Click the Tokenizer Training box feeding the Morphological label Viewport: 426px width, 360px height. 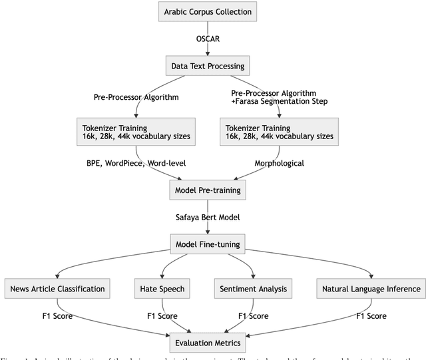tap(278, 132)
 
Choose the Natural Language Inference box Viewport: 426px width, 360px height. tap(371, 289)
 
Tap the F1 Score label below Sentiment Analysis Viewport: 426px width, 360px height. tap(254, 317)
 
